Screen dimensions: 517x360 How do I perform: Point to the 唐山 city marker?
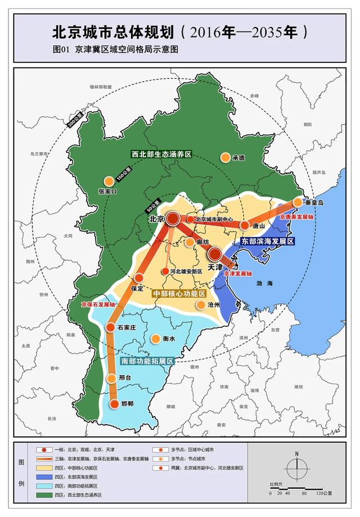245,225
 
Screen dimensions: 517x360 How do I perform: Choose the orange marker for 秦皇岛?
298,203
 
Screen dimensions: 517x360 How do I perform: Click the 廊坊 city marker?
190,242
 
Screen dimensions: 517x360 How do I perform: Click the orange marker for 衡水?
156,339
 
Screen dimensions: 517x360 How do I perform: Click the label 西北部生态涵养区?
161,154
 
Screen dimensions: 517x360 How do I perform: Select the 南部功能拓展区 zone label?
146,361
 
